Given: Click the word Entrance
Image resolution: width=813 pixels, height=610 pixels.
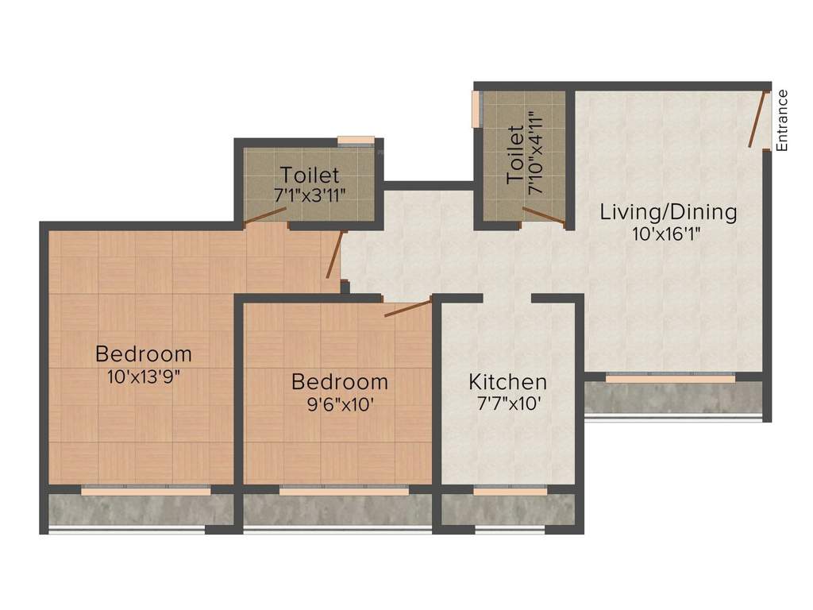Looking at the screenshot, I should click(782, 121).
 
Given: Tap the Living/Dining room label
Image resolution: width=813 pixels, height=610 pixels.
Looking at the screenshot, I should click(668, 212).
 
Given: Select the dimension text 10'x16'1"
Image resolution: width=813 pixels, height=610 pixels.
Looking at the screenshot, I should click(668, 234).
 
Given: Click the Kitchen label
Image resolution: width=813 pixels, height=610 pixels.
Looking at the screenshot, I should click(507, 381).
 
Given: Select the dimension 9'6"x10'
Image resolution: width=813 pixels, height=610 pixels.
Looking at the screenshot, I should click(339, 403).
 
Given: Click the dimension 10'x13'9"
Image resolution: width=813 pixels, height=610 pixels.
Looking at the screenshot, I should click(144, 376).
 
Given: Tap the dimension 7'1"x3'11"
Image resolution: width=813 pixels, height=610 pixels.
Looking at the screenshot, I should click(310, 195).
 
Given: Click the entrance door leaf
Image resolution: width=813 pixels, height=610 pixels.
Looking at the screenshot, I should click(758, 119).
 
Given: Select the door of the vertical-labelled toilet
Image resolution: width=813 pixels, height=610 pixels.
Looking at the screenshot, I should click(544, 216).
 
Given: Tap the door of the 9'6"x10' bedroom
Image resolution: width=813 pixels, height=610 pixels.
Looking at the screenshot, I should click(408, 308).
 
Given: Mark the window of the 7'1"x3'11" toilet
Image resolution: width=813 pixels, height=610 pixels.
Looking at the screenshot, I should click(356, 141).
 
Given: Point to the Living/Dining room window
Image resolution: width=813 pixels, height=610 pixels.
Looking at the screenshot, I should click(671, 379).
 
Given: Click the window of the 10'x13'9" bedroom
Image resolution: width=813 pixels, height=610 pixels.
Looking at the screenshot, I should click(146, 491).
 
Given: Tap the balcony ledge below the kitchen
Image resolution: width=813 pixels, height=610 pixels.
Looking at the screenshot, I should click(508, 510).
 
